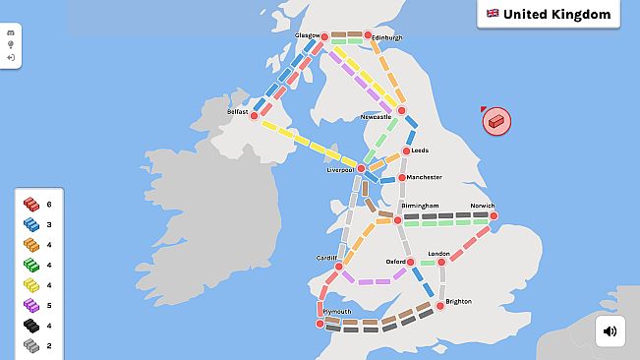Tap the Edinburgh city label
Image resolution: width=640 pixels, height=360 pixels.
coord(385,37)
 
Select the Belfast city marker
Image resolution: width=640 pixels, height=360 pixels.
coord(254,116)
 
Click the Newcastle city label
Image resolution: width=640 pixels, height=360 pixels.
coord(376,116)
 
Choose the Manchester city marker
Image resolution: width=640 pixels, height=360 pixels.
coord(401,178)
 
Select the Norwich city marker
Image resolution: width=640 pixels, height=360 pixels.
coord(492,216)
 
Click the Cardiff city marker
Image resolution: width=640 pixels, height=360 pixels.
coord(338,267)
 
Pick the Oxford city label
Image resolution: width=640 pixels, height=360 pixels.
coord(395,263)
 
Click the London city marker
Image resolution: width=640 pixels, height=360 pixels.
coord(441,262)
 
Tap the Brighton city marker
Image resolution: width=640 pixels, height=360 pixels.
coord(440,306)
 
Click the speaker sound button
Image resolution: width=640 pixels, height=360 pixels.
coord(610,331)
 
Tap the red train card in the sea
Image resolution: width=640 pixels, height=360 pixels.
coord(496,121)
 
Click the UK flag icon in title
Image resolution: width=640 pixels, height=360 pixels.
coord(493,14)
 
